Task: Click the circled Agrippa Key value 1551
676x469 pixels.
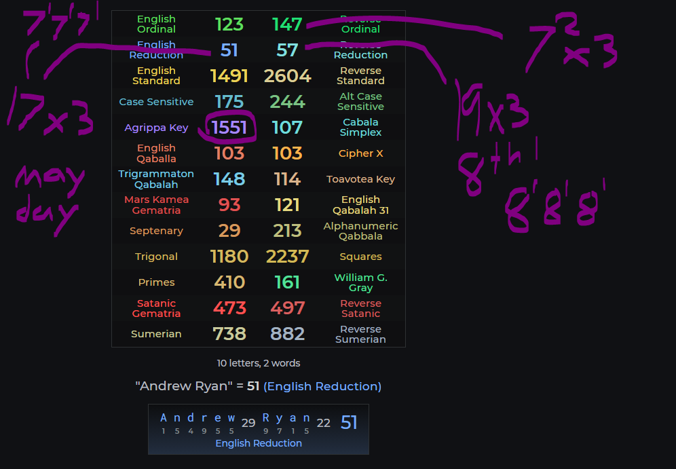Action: tap(229, 128)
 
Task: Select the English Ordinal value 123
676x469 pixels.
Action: tap(229, 24)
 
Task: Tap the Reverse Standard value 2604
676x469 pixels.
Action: tap(287, 76)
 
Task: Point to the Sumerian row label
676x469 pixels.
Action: tap(156, 334)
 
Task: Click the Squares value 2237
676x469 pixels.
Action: tap(287, 257)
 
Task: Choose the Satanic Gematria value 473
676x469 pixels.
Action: tap(229, 308)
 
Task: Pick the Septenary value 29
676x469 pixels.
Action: tap(229, 231)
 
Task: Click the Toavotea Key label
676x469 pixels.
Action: tap(360, 179)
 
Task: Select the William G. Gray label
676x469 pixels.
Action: tap(360, 282)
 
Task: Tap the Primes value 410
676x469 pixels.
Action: tap(229, 282)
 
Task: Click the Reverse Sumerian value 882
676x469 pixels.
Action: tap(287, 334)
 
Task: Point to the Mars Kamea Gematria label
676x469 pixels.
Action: tap(156, 205)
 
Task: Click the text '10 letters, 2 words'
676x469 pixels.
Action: tap(259, 363)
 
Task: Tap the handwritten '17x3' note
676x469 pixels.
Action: tap(51, 112)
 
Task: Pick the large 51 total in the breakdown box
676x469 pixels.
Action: tap(348, 423)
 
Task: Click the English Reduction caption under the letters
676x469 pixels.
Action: tap(259, 443)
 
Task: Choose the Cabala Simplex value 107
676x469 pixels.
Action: tap(287, 128)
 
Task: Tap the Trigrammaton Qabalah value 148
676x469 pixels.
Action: tap(229, 179)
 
